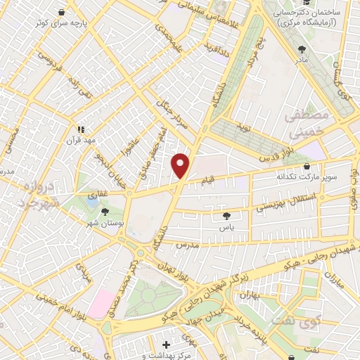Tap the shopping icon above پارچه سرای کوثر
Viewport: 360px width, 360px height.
(x=63, y=13)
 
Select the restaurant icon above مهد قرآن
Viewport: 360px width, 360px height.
(x=81, y=129)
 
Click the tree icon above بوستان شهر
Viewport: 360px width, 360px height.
(x=105, y=211)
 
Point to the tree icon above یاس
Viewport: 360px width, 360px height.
(x=226, y=217)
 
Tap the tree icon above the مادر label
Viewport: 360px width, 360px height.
(x=302, y=49)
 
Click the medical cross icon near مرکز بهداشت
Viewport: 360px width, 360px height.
(x=166, y=345)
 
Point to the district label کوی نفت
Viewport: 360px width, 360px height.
(x=325, y=322)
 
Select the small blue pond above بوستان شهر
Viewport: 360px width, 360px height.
(x=92, y=202)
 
